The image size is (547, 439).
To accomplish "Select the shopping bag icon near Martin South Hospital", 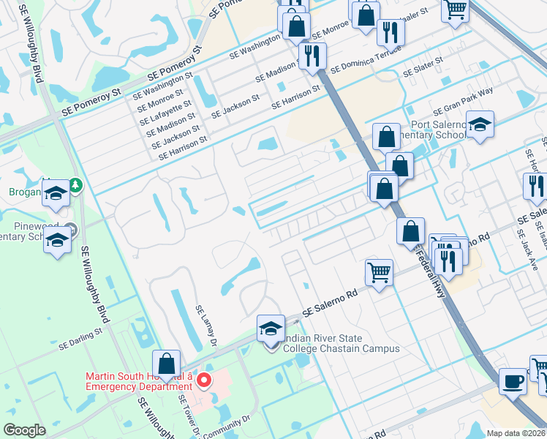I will [167, 364].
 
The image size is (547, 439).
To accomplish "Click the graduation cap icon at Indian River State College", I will [271, 328].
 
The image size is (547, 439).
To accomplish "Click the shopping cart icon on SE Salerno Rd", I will [379, 272].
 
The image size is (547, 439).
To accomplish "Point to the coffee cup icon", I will [513, 381].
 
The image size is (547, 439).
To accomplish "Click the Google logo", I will [25, 430].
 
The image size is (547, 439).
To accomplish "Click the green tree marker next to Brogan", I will [75, 185].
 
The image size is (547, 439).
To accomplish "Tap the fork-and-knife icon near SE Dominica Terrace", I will [313, 55].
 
